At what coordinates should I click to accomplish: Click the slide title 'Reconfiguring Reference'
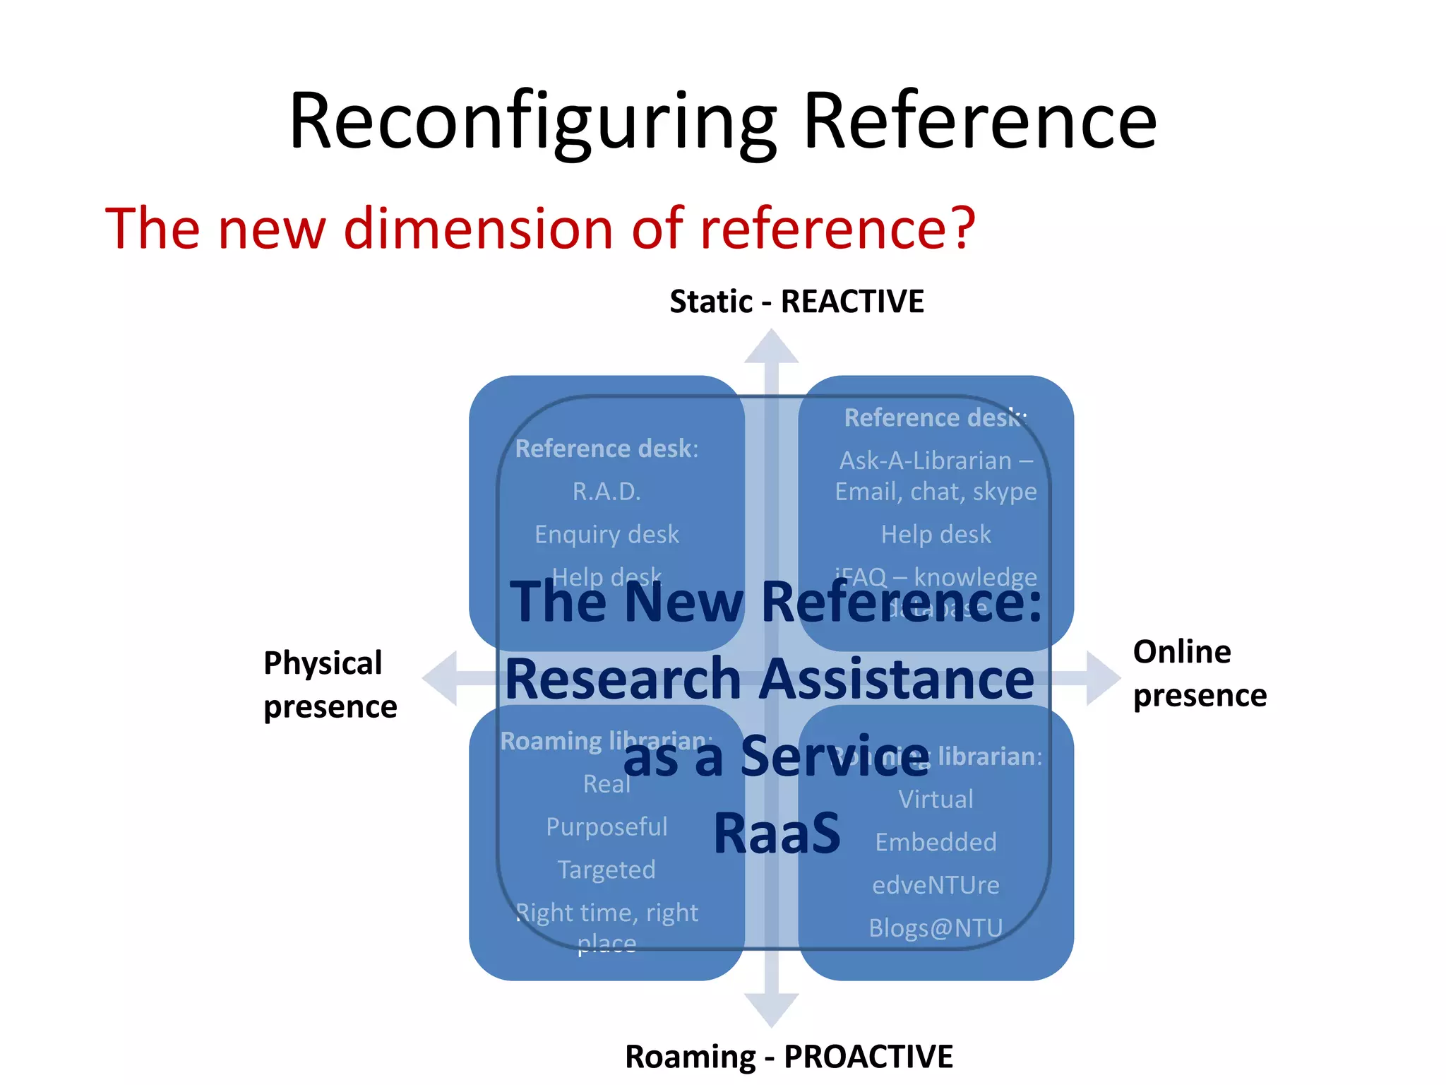point(722,121)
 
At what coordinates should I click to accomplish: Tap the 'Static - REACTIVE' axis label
point(796,302)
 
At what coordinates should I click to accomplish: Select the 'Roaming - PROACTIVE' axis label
point(789,1057)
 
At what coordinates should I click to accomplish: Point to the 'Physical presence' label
point(330,684)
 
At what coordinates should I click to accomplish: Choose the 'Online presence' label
point(1199,673)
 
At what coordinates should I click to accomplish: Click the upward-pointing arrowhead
point(771,346)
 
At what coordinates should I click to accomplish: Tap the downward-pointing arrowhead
point(771,1009)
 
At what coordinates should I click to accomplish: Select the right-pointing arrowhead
point(1102,678)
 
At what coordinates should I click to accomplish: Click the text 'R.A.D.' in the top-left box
point(607,492)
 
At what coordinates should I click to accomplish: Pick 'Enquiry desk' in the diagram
point(607,535)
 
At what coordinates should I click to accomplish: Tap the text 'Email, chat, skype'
point(936,492)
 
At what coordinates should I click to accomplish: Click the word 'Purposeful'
point(607,826)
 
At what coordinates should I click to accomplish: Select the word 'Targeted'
point(607,870)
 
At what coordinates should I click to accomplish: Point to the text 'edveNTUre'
point(936,885)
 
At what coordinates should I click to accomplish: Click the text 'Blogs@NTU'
point(936,927)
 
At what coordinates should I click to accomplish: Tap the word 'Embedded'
point(936,842)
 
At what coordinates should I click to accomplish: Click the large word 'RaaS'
point(777,834)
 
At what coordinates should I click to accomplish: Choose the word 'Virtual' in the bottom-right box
point(936,800)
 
